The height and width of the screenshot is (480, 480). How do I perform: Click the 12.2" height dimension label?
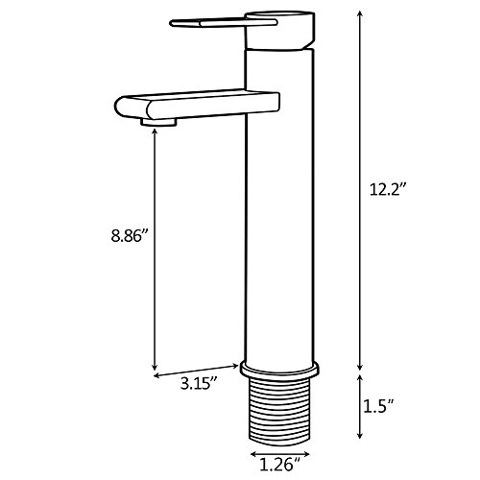click(x=388, y=189)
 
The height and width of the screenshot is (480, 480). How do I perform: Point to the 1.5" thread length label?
click(x=378, y=406)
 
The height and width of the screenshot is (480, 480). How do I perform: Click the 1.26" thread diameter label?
click(x=280, y=465)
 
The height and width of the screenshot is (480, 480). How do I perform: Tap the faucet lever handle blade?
click(x=224, y=23)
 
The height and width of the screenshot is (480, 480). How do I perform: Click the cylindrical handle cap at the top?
click(x=280, y=31)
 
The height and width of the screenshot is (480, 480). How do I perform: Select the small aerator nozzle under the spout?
click(x=159, y=122)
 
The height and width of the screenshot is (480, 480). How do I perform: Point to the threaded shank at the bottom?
click(x=280, y=411)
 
